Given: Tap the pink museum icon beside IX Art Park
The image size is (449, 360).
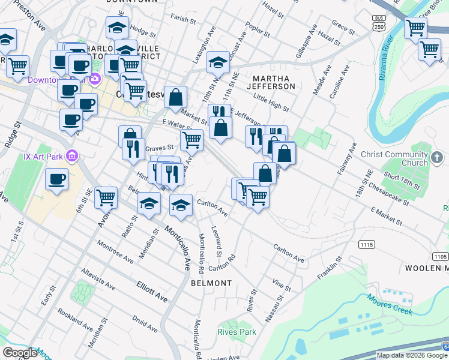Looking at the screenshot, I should pos(72,157).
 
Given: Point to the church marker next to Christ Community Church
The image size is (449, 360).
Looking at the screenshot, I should pos(437,158).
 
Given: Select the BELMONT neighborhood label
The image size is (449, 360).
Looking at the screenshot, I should pos(211,283).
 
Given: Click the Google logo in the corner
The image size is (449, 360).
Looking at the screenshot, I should pos(20,353).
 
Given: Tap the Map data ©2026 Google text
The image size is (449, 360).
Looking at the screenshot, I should pos(412,355).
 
